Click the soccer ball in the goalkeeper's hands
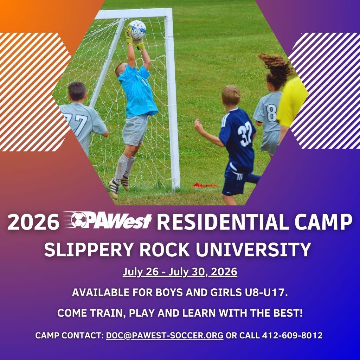click(137, 30)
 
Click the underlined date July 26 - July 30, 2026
click(180, 272)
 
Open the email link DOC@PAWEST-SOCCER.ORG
click(165, 335)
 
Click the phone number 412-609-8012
click(292, 335)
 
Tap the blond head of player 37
click(231, 95)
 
